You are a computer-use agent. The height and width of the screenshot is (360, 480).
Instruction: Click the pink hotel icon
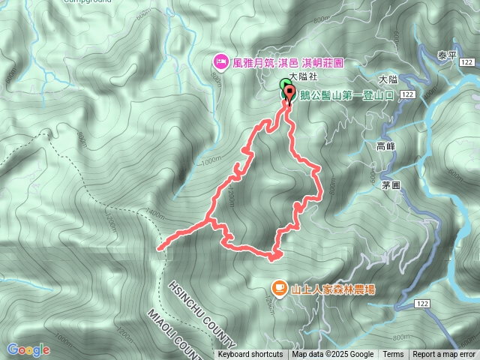pyautogui.click(x=220, y=60)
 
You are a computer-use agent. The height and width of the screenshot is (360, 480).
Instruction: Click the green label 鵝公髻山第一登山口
pyautogui.click(x=346, y=95)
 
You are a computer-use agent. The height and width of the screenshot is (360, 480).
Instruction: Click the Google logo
pyautogui.click(x=28, y=349)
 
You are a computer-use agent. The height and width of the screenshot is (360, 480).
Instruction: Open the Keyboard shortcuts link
pyautogui.click(x=250, y=355)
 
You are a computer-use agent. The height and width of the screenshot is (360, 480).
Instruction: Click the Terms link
pyautogui.click(x=393, y=355)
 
